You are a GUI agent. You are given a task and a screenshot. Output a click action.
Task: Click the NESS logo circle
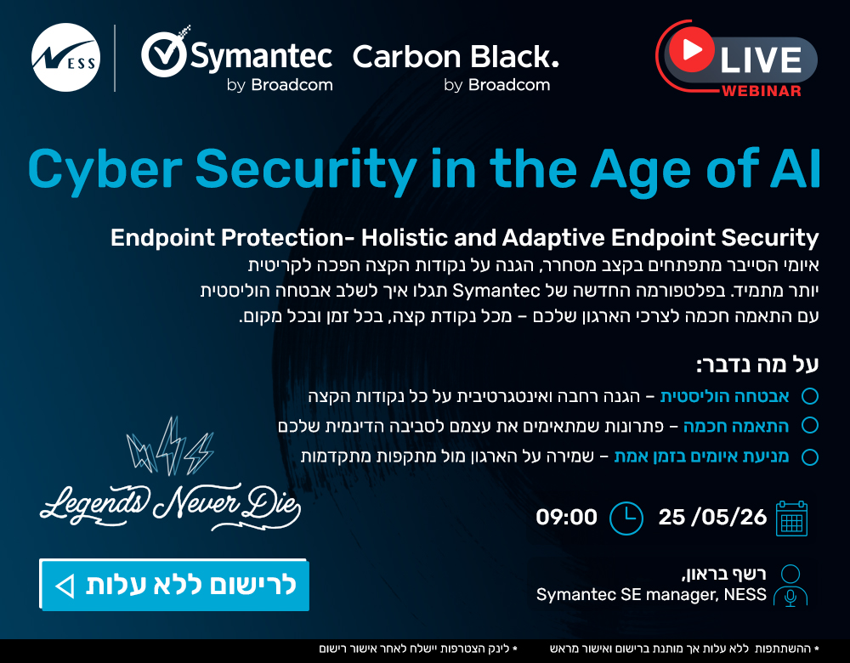[x=65, y=58]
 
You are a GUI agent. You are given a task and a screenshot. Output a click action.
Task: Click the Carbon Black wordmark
[x=456, y=57]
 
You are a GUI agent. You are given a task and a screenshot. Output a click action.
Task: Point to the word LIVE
[x=760, y=59]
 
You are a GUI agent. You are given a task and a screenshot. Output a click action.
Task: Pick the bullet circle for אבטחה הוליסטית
[x=810, y=396]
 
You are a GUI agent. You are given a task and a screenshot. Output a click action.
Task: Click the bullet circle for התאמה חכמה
[x=810, y=426]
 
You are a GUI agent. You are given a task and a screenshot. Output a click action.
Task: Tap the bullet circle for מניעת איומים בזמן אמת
[x=810, y=456]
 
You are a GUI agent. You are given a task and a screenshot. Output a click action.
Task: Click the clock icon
[x=626, y=518]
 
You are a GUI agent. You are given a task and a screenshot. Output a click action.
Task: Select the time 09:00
[x=566, y=517]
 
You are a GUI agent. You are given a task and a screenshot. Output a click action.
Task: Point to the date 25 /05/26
[x=712, y=517]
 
